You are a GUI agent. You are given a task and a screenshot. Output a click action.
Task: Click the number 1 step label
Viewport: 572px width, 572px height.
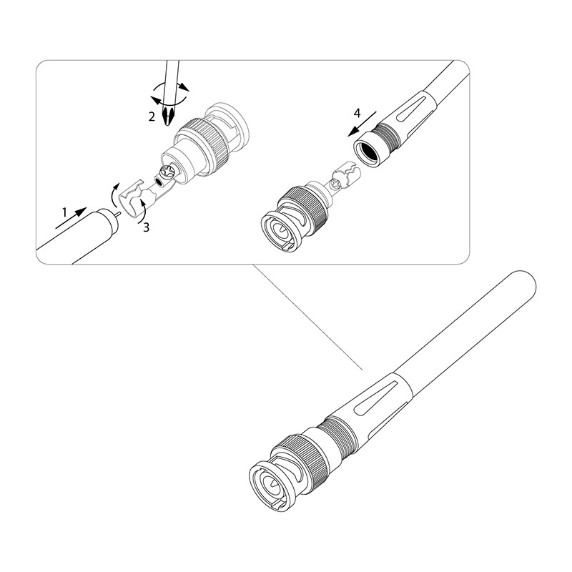tap(64, 212)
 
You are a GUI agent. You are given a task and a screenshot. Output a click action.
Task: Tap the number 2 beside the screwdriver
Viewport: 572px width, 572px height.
tap(152, 117)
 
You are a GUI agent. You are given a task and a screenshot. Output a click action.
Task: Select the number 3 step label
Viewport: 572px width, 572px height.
tap(145, 227)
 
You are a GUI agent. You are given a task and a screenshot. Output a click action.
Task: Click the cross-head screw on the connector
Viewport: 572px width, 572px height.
tap(167, 172)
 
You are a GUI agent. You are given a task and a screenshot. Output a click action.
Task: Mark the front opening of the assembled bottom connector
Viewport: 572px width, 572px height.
tap(270, 485)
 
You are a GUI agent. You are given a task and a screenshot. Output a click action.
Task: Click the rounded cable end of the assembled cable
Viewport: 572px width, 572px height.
tap(525, 282)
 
